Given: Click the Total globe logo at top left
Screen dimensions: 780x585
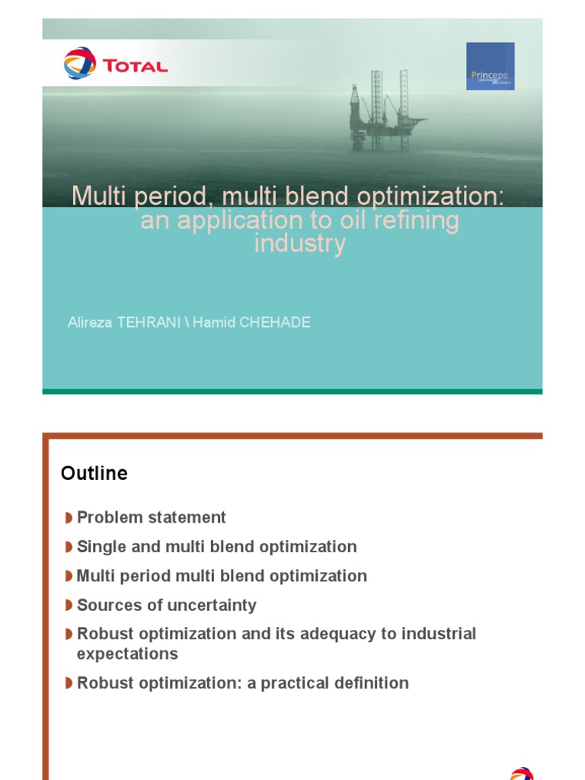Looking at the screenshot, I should click(79, 63).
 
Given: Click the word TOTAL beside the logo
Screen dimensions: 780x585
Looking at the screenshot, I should click(135, 66).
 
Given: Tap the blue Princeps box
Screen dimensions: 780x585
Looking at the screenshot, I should click(490, 66).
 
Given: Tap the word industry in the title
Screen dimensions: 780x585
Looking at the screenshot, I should click(299, 245).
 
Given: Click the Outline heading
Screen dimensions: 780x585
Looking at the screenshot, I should click(94, 474).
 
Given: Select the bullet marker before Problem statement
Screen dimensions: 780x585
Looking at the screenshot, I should click(69, 518).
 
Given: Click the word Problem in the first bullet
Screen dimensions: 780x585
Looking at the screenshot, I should click(110, 518).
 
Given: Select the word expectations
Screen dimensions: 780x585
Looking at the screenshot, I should click(127, 654).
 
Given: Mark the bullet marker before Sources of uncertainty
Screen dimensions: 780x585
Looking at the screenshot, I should click(69, 606).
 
